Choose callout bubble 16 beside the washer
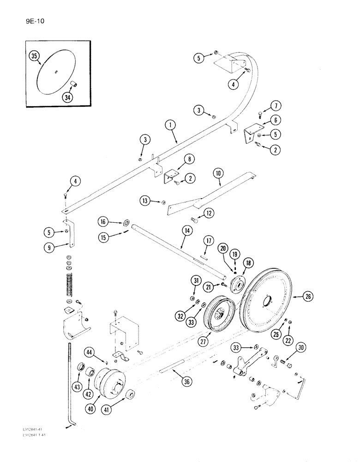coord(103,222)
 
